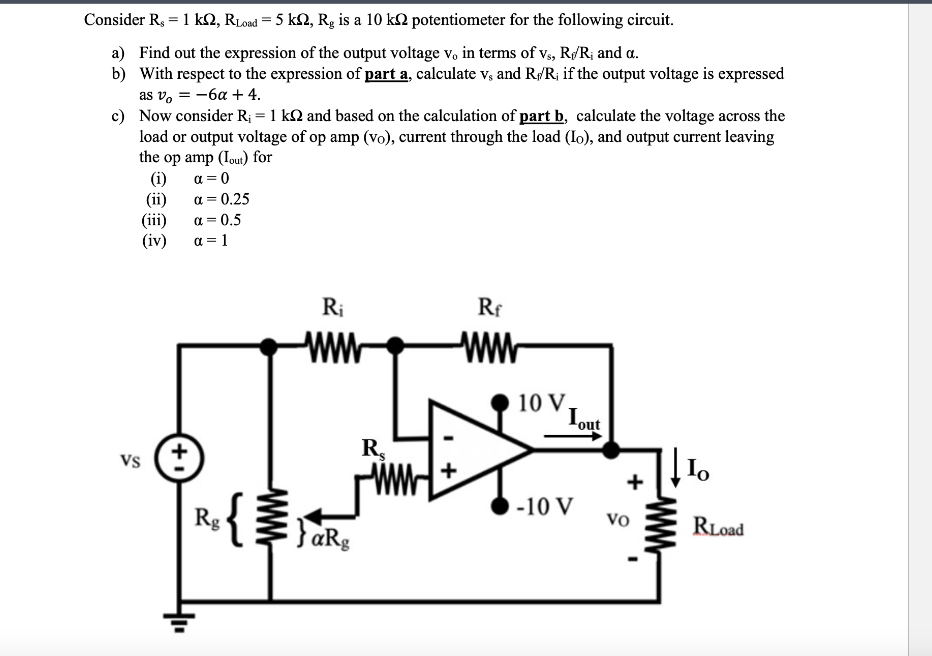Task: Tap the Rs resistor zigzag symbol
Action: point(391,480)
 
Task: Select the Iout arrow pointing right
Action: point(572,436)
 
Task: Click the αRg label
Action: point(331,539)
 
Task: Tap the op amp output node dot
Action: point(610,450)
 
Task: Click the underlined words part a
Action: point(386,74)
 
